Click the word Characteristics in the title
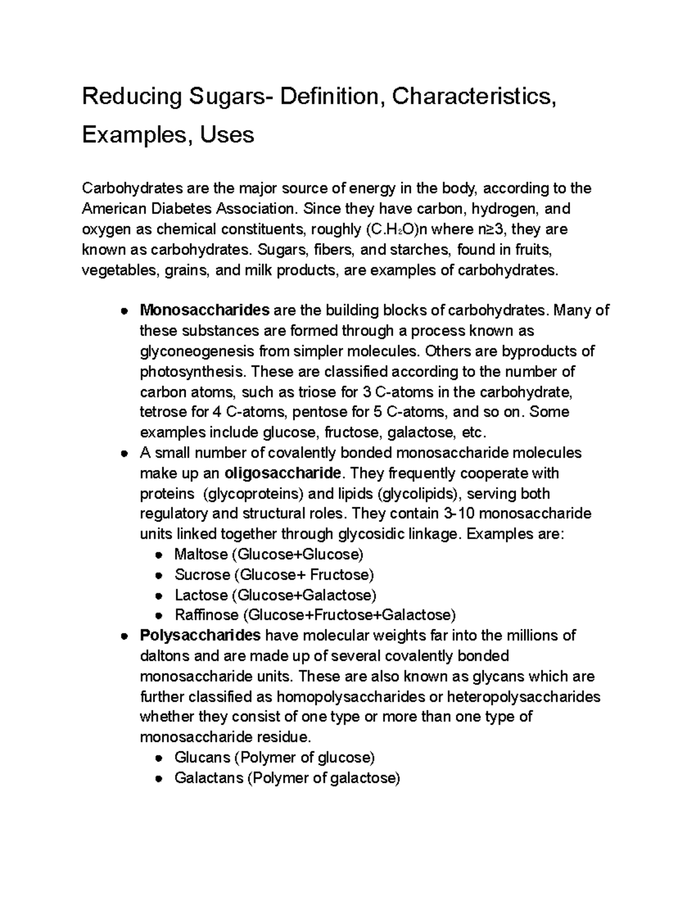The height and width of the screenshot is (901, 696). point(473,96)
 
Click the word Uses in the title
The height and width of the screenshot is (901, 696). point(227,135)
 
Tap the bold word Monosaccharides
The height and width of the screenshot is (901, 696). point(205,310)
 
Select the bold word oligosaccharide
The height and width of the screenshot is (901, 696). point(282,473)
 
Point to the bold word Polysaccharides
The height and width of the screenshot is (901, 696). point(200,636)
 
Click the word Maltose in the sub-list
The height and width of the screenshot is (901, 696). point(201,555)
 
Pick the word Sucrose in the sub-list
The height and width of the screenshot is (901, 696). point(202,575)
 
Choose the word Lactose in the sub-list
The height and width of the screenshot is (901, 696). point(201,595)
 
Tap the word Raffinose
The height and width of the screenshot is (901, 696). point(206,615)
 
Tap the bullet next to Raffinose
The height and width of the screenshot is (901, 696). point(158,616)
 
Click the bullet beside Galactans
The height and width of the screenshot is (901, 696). point(158,779)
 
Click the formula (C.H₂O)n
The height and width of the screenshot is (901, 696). point(396,230)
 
